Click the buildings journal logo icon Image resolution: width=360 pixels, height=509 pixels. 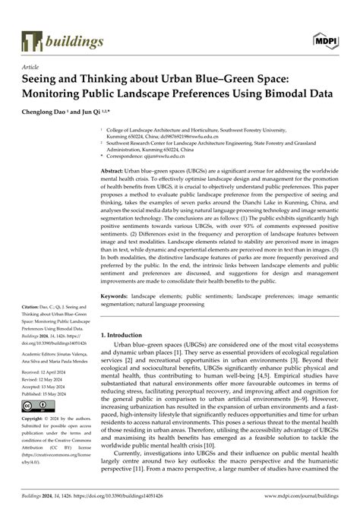click(31, 40)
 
